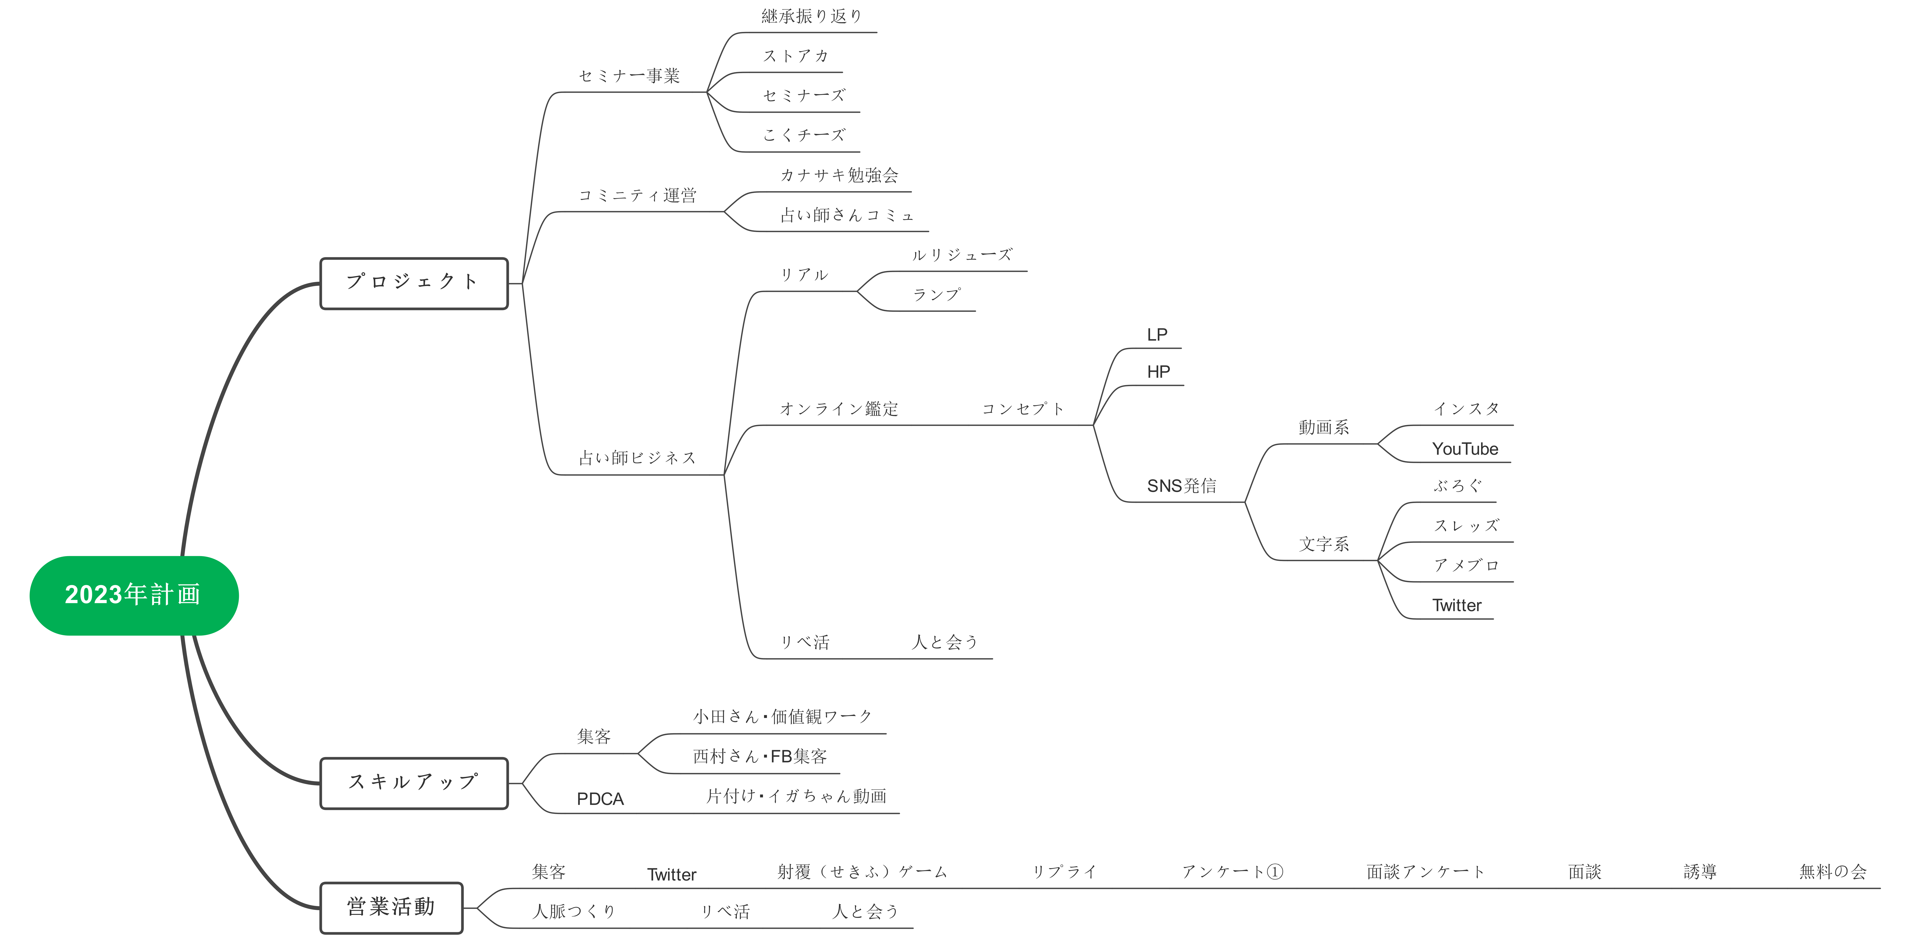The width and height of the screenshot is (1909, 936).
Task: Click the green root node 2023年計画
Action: coord(133,595)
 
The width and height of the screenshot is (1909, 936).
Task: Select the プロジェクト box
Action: coord(414,283)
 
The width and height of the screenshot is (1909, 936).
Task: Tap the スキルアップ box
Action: coord(414,783)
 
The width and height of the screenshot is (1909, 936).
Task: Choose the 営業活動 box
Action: coord(391,907)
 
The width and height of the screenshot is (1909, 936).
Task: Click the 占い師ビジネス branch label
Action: coord(637,458)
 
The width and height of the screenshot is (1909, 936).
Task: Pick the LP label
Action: coord(1157,335)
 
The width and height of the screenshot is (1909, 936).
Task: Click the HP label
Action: coord(1158,372)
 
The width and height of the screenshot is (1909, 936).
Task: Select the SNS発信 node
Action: coord(1181,486)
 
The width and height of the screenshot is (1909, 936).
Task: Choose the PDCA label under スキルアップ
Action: coord(600,799)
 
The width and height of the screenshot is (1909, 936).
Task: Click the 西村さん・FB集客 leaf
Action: coord(760,757)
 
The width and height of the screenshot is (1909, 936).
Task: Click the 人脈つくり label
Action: coord(574,911)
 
